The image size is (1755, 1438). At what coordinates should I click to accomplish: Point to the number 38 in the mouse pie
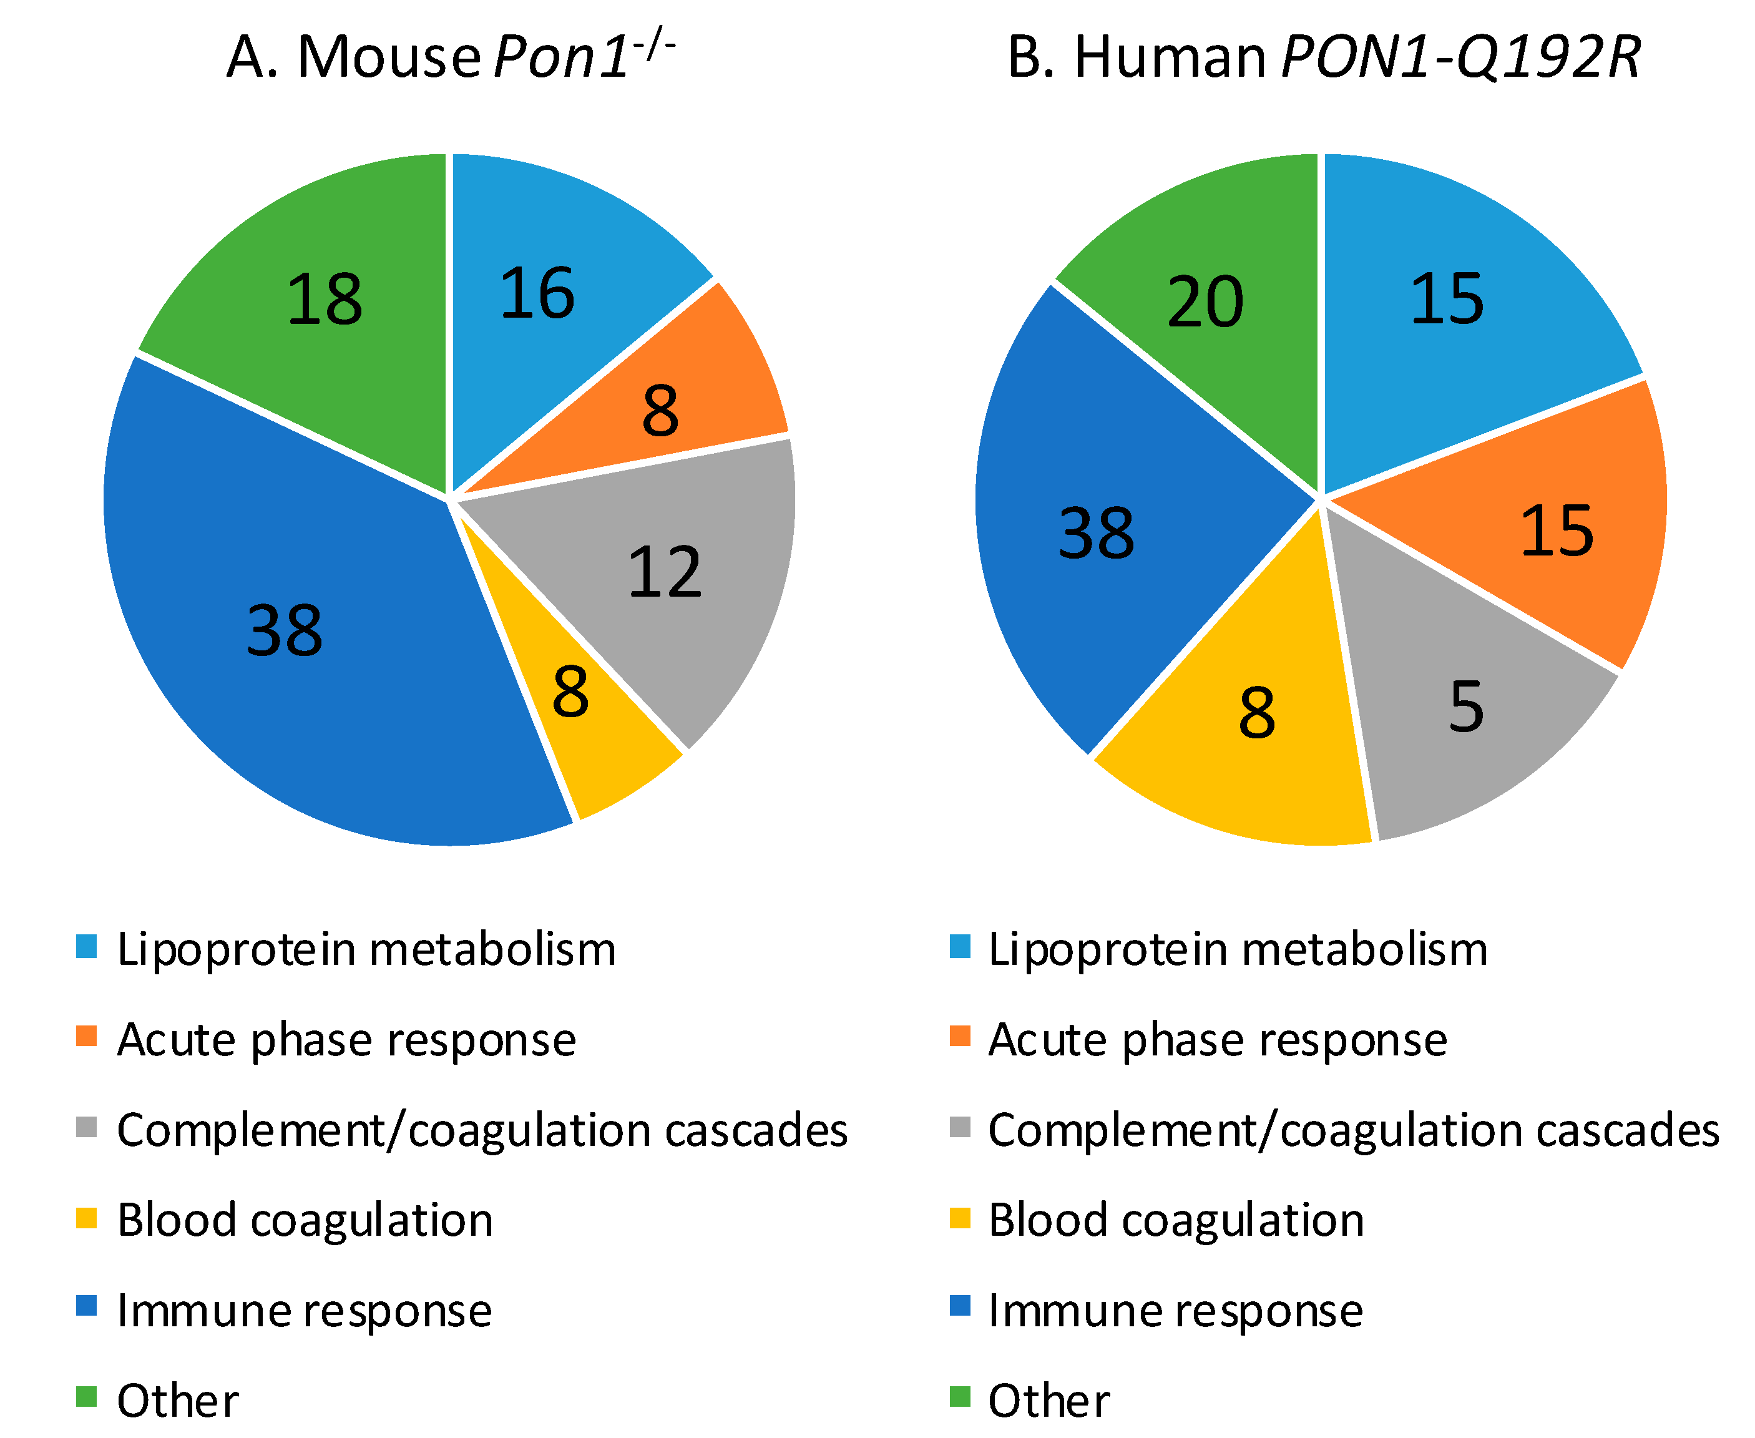(x=284, y=631)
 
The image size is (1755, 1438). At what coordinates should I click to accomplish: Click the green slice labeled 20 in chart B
(x=1205, y=302)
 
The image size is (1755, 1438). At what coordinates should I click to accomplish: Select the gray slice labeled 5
(x=1466, y=708)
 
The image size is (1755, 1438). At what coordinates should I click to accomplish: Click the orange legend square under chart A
(x=86, y=1036)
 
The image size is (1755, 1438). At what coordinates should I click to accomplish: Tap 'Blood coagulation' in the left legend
(x=305, y=1220)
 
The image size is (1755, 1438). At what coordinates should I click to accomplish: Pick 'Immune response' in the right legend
(x=1175, y=1311)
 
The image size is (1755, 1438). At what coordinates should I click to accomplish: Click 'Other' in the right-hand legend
(x=1049, y=1401)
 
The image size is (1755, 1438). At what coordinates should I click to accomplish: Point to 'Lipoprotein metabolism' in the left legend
(x=366, y=949)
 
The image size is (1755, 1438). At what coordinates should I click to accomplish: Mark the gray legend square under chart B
(x=959, y=1127)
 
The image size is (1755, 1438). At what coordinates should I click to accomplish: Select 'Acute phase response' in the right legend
(x=1218, y=1040)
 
